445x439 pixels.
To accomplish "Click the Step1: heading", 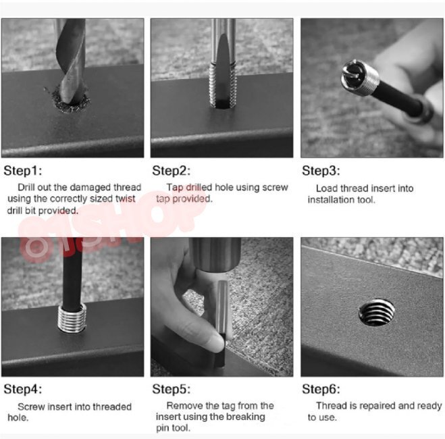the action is tap(23, 171).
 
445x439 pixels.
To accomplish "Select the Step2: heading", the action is tap(171, 171).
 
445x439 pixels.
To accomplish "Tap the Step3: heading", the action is tap(321, 171).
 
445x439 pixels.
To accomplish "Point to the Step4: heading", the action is tap(23, 389).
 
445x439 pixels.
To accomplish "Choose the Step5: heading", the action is tap(171, 389).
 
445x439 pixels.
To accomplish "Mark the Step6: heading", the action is tap(321, 389).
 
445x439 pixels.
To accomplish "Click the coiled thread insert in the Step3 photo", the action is tap(360, 77).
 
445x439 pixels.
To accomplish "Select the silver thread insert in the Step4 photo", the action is tap(72, 317).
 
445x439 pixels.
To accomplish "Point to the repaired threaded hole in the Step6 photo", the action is tap(377, 313).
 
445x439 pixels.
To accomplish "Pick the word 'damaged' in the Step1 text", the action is tap(90, 188).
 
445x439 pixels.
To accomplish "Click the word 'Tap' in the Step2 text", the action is tap(174, 188).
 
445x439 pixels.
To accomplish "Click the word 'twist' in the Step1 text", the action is tap(125, 199).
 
